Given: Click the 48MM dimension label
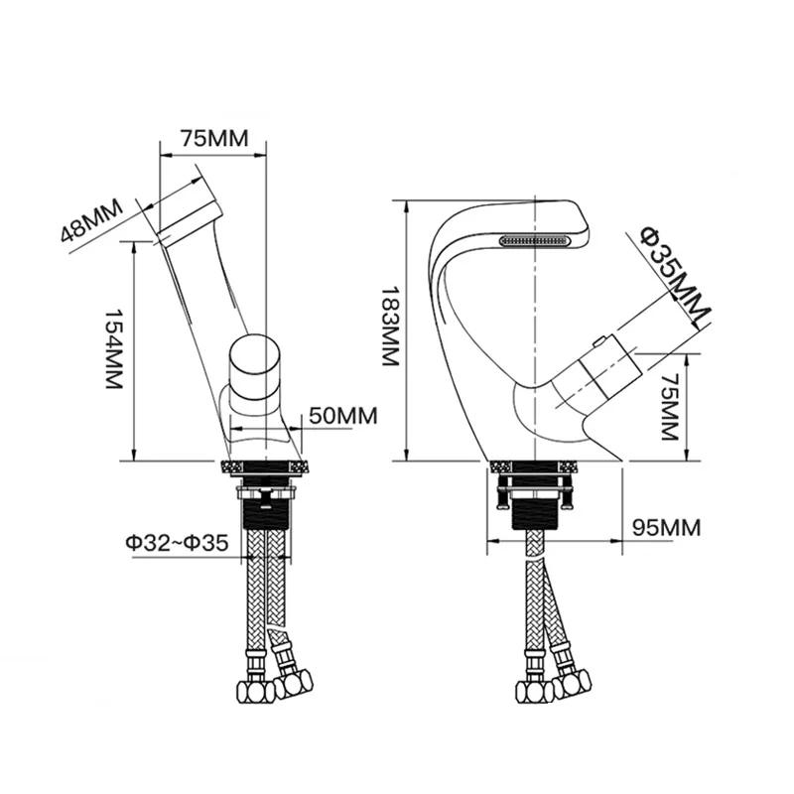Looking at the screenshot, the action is [x=91, y=220].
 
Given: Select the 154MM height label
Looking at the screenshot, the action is [x=114, y=349].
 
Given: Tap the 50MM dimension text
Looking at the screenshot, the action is [x=343, y=416].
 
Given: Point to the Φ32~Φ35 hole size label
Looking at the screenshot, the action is [x=178, y=542].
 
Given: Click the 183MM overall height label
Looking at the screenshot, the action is [x=391, y=326].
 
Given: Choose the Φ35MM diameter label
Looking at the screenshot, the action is [x=675, y=276].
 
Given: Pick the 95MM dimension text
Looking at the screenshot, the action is [x=666, y=528].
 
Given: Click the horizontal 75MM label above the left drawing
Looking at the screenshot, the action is [x=214, y=138].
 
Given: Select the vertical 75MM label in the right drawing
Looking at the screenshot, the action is [x=670, y=407].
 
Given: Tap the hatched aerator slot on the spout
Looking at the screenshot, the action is [x=535, y=240].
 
